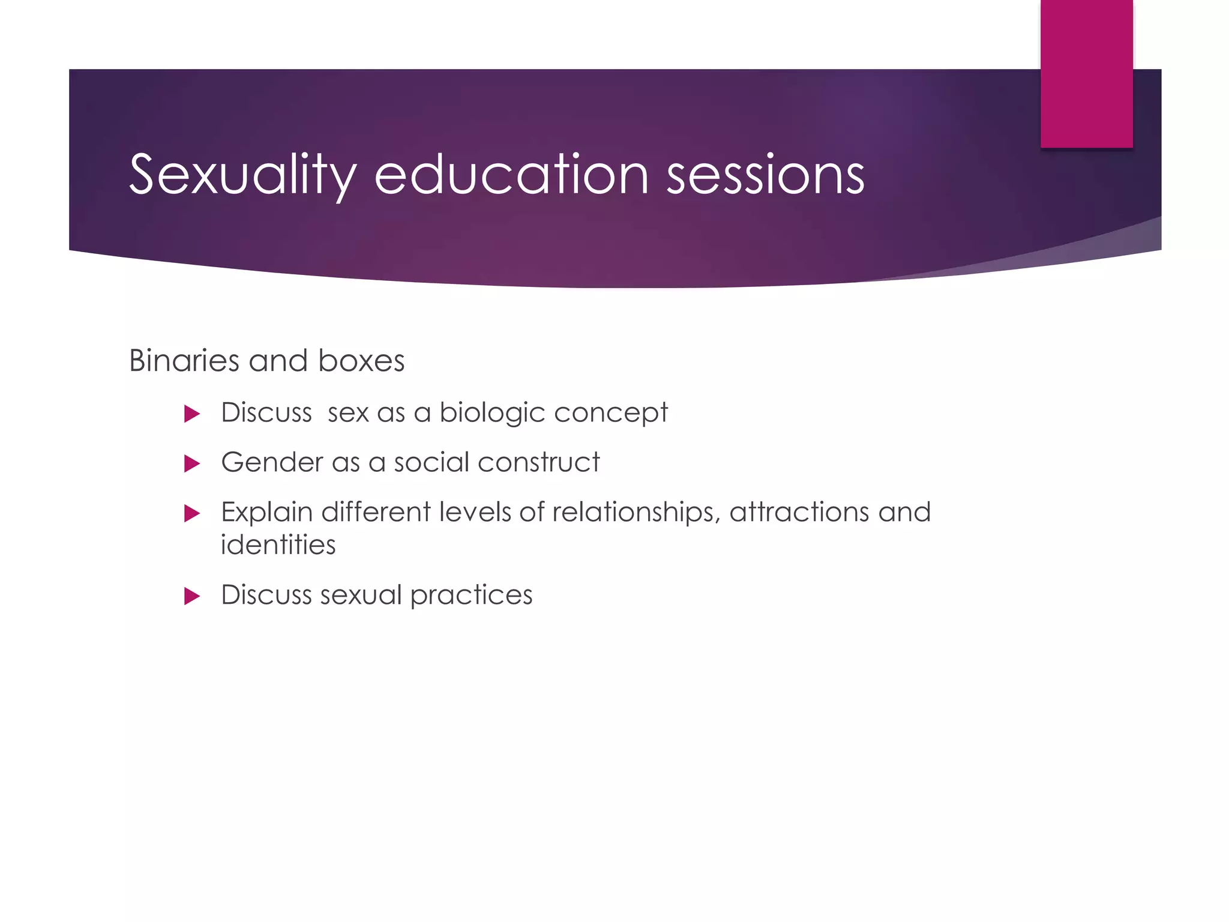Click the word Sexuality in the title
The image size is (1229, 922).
(242, 175)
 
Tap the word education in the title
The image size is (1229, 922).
(511, 175)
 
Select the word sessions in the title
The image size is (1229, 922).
(765, 175)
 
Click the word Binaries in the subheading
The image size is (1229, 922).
(184, 361)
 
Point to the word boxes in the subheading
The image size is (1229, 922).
(361, 361)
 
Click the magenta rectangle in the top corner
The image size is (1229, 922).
(1086, 73)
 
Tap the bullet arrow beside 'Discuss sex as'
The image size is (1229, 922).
(191, 414)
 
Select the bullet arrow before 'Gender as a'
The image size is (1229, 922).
(191, 463)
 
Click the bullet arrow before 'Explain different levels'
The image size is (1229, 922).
(191, 513)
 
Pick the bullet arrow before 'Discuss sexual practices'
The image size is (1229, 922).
(191, 596)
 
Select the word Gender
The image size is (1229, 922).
(272, 462)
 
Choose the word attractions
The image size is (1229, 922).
(799, 513)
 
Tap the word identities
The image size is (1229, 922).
(278, 545)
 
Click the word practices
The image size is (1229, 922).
(471, 595)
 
